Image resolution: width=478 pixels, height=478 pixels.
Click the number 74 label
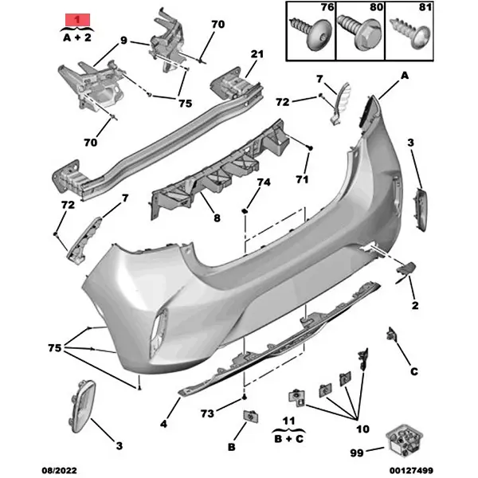point(264,182)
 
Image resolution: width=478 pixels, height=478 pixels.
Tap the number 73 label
point(207,414)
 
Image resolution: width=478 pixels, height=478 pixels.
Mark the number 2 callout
point(415,305)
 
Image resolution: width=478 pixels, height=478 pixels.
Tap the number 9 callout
point(124,41)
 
